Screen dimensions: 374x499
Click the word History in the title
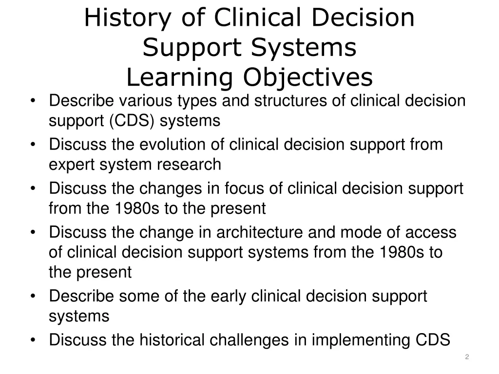127,19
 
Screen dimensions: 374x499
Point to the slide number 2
467,357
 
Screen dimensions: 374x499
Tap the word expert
72,165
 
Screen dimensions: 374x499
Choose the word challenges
249,340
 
